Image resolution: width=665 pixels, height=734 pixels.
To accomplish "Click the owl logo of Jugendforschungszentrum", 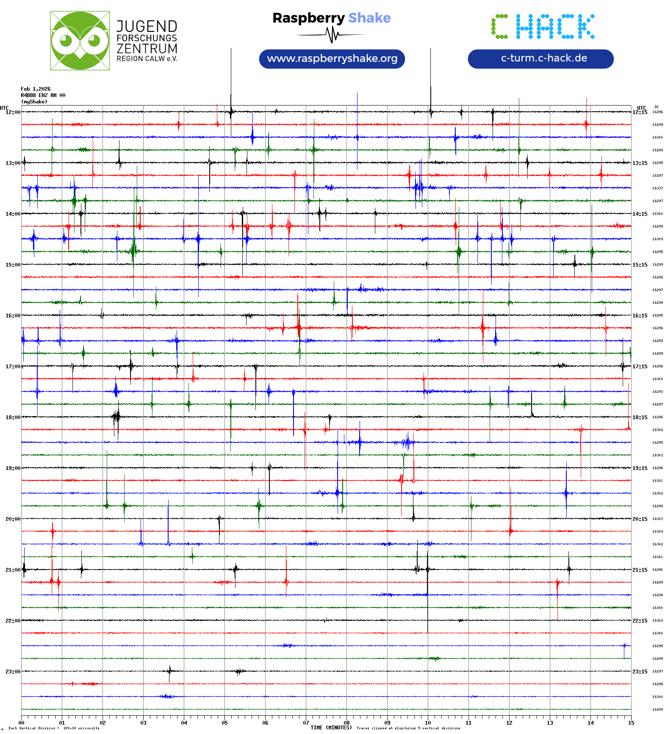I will [x=80, y=41].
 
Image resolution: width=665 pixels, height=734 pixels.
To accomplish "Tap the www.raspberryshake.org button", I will [x=332, y=58].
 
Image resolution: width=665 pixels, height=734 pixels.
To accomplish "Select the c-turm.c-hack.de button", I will [x=540, y=58].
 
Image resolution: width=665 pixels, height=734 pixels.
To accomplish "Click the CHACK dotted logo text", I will [x=543, y=27].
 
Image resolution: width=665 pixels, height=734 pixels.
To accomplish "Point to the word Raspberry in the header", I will [x=308, y=18].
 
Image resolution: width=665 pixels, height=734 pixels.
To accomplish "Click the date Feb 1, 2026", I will [x=36, y=89].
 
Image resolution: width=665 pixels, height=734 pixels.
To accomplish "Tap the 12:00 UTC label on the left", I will [x=13, y=112].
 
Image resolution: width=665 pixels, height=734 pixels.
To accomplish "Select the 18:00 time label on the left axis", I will [x=13, y=417].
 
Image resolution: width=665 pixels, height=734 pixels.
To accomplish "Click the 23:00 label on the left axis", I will [x=13, y=672].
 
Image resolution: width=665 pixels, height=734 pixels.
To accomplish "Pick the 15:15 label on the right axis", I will [x=640, y=265].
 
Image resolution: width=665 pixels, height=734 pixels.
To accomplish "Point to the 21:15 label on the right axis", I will [x=640, y=570].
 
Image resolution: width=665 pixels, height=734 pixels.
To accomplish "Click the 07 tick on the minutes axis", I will [x=306, y=723].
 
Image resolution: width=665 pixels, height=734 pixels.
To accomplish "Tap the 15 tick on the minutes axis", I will [x=631, y=723].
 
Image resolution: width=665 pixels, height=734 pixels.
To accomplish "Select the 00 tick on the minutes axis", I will [x=22, y=723].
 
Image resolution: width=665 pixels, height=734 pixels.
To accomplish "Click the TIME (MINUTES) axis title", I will [x=331, y=728].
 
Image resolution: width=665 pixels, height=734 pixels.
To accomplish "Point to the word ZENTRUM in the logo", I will [x=147, y=49].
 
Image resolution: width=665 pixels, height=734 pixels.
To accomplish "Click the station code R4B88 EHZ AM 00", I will [x=43, y=95].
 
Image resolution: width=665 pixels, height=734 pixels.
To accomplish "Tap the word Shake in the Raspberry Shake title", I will [x=369, y=18].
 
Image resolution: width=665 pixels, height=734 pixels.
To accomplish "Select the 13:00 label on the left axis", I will [x=13, y=163].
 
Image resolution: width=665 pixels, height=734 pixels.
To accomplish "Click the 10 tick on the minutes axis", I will [x=428, y=723].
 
